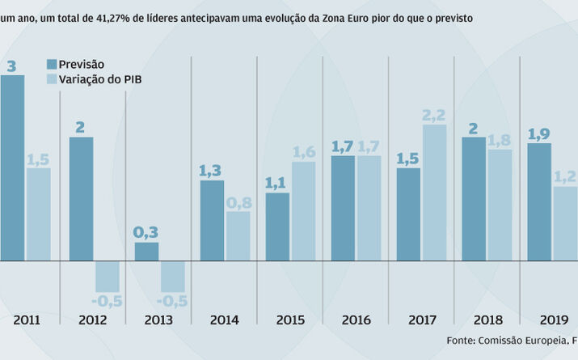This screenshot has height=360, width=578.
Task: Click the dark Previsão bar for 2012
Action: point(81,199)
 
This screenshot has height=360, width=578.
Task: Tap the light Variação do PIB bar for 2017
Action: point(434,193)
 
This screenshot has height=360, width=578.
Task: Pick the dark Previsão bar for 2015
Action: point(277,227)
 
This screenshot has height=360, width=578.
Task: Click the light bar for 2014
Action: point(238,236)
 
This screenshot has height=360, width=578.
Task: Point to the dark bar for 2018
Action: point(474,199)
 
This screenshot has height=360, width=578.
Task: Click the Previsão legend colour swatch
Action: point(51,65)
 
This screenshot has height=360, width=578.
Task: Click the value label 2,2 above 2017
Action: point(434,115)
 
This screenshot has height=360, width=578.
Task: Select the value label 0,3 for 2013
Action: point(146,233)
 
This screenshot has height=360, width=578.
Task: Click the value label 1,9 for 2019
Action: point(539,134)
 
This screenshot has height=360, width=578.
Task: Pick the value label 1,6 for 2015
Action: point(303,152)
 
